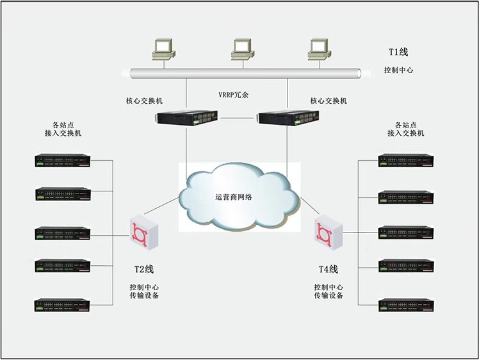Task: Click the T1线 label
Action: tap(398, 52)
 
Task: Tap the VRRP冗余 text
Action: tap(233, 95)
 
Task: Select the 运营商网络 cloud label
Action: tap(234, 197)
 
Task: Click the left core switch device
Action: tap(186, 118)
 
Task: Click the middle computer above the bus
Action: tap(243, 49)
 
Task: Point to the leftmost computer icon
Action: tap(164, 49)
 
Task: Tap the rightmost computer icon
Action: tap(320, 49)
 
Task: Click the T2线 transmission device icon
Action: tap(144, 233)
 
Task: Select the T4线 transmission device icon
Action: tap(329, 233)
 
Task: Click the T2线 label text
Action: tap(144, 269)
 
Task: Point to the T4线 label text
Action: tap(329, 269)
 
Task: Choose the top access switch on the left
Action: tap(63, 160)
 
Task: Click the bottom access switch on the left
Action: tap(62, 305)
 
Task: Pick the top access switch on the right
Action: tap(406, 160)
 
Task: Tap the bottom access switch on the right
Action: tap(406, 305)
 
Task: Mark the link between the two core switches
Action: tap(238, 118)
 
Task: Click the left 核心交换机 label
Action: tap(144, 101)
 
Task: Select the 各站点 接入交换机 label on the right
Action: tap(406, 129)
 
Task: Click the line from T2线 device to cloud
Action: tap(161, 206)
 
